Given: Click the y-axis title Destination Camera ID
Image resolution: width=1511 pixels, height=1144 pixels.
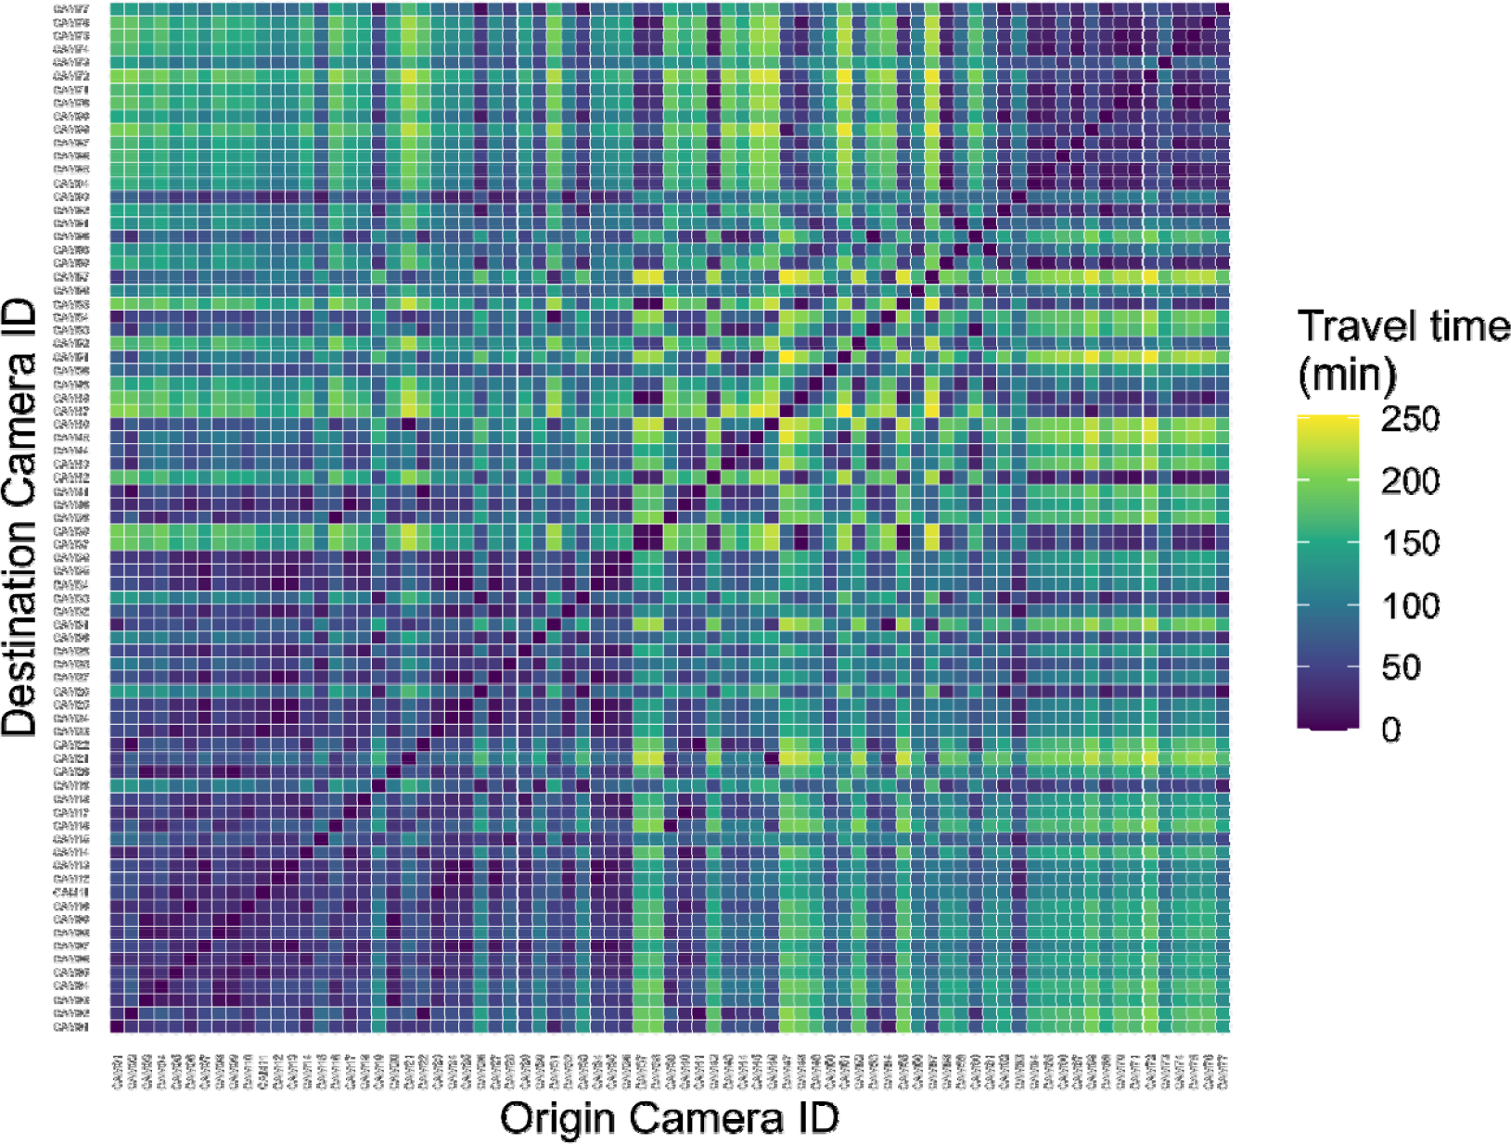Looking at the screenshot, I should coord(20,517).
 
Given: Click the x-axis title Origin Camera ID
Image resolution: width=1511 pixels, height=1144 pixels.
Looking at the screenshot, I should coord(670,1118).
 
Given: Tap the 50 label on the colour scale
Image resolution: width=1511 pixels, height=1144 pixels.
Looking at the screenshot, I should coord(1401,667).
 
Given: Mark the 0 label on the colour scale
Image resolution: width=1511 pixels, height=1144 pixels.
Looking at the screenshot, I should coord(1390,730).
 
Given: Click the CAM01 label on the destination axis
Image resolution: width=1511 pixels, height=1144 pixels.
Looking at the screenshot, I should coord(71,1026).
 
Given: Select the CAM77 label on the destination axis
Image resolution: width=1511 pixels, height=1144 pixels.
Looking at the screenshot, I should coord(71,8).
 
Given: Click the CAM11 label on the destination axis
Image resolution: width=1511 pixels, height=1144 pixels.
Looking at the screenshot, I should coord(71,892).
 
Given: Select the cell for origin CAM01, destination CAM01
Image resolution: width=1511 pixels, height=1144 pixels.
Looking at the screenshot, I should coord(118,1026).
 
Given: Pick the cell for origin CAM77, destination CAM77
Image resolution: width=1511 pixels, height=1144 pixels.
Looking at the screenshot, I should coord(1223,8).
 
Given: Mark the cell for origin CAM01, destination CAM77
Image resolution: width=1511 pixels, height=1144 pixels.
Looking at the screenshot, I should coord(118,8).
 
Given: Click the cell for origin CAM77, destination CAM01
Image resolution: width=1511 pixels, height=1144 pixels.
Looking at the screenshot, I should coord(1223,1026).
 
